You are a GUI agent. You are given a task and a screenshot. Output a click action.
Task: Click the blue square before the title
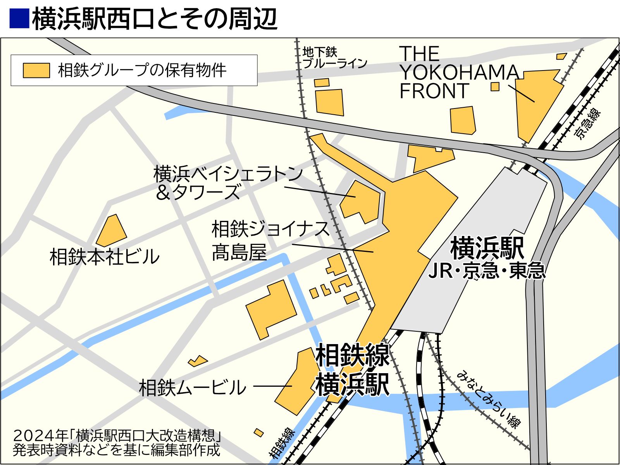click(x=19, y=18)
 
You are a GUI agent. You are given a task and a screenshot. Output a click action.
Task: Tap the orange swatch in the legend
click(x=36, y=71)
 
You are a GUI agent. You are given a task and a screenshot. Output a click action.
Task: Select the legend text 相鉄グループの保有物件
click(x=142, y=71)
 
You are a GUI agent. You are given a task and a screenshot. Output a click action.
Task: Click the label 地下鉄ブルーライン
click(x=334, y=57)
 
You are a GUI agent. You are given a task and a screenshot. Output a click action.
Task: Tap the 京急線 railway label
click(x=587, y=124)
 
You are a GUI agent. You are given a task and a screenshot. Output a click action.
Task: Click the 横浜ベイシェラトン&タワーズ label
click(x=228, y=182)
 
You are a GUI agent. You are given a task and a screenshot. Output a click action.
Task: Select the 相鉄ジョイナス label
click(x=270, y=229)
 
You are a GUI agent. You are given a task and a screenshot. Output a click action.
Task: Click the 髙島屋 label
click(x=239, y=252)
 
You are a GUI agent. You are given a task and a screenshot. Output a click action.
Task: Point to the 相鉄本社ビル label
click(x=105, y=257)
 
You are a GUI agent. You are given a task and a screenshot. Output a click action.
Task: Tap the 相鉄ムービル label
click(x=193, y=387)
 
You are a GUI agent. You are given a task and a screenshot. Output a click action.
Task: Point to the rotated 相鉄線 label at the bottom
click(x=282, y=443)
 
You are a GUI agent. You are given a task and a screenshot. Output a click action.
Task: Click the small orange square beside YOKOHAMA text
click(x=495, y=86)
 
